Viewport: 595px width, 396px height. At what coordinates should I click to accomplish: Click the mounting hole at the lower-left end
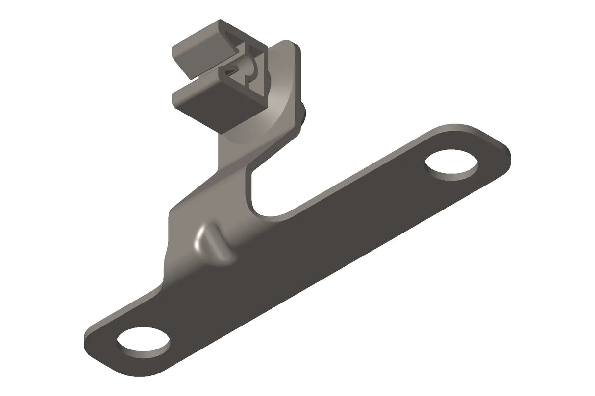(143, 341)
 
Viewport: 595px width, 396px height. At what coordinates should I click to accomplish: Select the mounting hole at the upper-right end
(451, 165)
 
